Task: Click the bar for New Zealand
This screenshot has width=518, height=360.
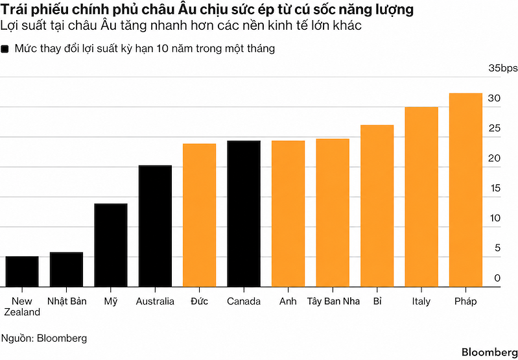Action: (x=22, y=271)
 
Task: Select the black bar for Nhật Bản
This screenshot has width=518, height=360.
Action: (x=66, y=269)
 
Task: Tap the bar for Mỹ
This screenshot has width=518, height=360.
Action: (x=111, y=245)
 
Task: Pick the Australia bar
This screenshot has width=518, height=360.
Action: (x=155, y=226)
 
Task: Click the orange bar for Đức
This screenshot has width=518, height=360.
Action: (x=199, y=215)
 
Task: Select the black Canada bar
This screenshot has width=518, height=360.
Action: (x=244, y=214)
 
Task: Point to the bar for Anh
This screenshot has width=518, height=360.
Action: (x=288, y=214)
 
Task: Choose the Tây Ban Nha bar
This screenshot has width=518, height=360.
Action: (x=333, y=213)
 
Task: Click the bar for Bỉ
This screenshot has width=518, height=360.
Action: (x=377, y=206)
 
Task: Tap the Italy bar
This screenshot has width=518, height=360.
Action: (x=421, y=197)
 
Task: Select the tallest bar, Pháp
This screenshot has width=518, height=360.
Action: (x=465, y=190)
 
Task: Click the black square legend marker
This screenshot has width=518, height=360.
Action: (x=5, y=49)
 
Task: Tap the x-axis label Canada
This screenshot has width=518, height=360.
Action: (x=244, y=302)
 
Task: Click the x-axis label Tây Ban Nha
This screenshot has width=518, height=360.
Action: (x=333, y=302)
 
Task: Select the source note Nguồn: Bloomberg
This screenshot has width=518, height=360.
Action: (x=44, y=338)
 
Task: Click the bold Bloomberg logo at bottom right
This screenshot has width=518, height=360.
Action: (x=489, y=352)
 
